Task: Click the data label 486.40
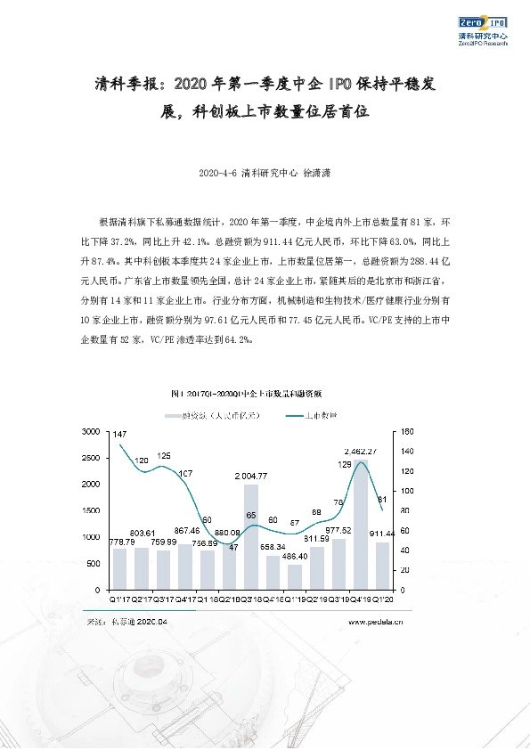(294, 556)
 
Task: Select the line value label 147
(119, 432)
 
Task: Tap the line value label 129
(345, 464)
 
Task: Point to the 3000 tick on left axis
(91, 431)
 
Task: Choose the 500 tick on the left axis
(94, 563)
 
